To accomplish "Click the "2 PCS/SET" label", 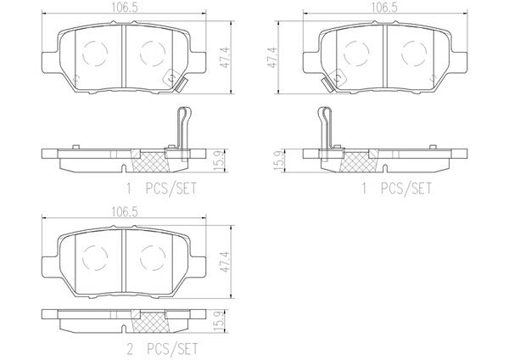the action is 162,349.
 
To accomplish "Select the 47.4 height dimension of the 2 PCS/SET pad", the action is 226,262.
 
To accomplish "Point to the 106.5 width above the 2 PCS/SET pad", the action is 125,212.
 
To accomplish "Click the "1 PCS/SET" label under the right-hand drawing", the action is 397,188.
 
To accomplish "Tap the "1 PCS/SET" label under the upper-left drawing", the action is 161,188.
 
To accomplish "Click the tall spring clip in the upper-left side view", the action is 183,133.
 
